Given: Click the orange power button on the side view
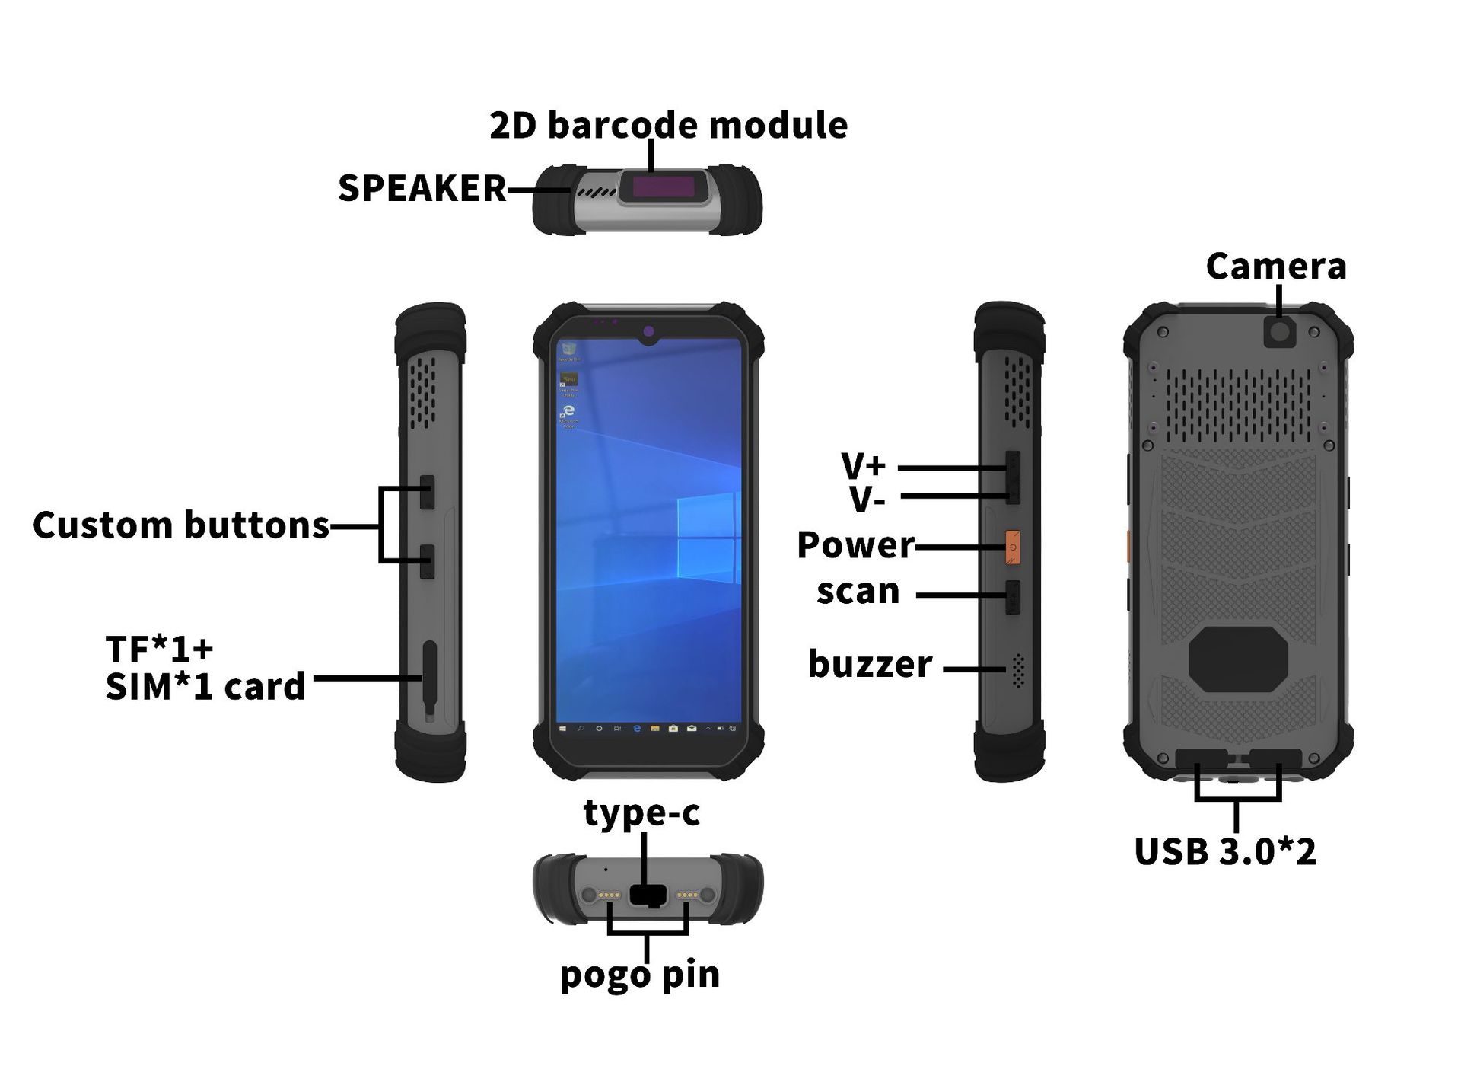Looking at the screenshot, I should click(1012, 547).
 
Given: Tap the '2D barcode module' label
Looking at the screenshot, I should click(668, 125).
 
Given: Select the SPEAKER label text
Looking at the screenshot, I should click(422, 188).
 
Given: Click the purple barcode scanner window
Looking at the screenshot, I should click(664, 187).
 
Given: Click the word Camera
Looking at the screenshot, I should click(1276, 267).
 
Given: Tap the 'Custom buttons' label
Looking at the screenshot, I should click(181, 525).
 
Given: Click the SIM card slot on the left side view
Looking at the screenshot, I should click(430, 678).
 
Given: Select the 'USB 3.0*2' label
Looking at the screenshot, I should click(1224, 851).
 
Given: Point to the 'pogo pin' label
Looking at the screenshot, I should click(639, 974).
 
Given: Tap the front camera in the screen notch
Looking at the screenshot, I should click(648, 332).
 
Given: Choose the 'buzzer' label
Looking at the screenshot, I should click(870, 664).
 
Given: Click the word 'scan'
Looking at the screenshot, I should click(858, 592).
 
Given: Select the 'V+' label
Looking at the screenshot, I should click(863, 464).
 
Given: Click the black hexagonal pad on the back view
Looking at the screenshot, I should click(1238, 659).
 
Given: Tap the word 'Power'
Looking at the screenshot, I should click(855, 545).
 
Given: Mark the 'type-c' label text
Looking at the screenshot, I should click(641, 812).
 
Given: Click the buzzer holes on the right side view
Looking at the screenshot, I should click(1018, 670).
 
